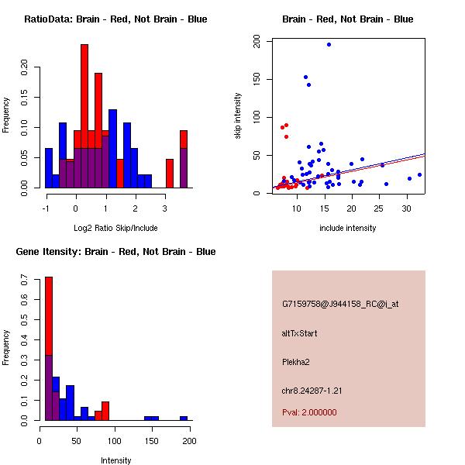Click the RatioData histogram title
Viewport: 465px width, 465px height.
tap(115, 19)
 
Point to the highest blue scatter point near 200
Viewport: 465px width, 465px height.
tap(329, 44)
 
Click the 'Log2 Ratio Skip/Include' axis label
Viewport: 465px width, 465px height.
tap(115, 229)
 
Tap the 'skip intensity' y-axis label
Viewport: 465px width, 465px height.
tap(238, 116)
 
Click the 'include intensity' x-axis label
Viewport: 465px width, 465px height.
tap(347, 229)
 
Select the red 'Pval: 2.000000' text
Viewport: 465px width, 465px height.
tap(309, 412)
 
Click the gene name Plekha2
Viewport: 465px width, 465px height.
tap(295, 361)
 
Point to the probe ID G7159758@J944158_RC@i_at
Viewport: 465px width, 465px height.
tap(340, 305)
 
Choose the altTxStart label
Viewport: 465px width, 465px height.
tap(299, 333)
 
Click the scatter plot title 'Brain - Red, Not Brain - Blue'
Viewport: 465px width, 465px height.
tap(347, 19)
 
